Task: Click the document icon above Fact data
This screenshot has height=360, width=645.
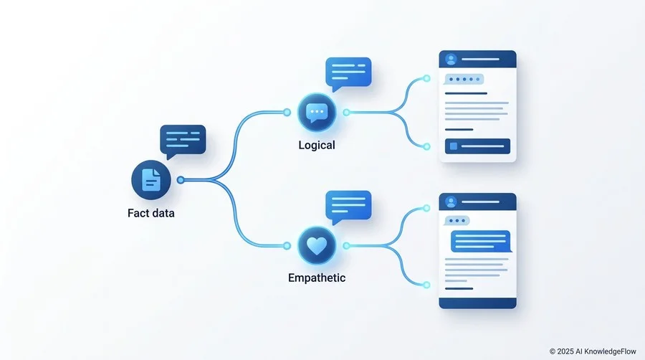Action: click(x=151, y=180)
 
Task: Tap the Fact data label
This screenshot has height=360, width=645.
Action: click(x=151, y=213)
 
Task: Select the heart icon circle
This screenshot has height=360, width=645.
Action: click(x=317, y=246)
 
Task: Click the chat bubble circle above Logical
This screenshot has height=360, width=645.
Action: click(x=317, y=113)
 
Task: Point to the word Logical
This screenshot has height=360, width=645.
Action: click(x=317, y=145)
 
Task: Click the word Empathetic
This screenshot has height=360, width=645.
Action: click(x=317, y=278)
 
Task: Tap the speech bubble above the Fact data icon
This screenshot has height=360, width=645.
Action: click(x=183, y=141)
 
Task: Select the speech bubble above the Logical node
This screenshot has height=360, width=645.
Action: click(x=348, y=74)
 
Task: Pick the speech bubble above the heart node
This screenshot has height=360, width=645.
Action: click(x=348, y=207)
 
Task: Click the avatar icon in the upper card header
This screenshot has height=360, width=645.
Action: click(x=451, y=60)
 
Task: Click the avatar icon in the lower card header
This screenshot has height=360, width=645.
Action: click(x=451, y=202)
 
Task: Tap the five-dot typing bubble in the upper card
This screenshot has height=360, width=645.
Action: click(x=464, y=79)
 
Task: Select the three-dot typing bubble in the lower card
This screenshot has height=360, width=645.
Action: click(x=457, y=221)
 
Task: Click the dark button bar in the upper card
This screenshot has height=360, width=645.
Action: click(x=477, y=146)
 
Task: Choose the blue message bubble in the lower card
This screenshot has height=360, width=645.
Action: click(x=482, y=241)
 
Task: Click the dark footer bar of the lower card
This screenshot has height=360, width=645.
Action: click(x=477, y=303)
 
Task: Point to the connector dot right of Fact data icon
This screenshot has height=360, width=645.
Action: click(x=180, y=180)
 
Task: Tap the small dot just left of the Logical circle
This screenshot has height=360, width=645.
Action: click(x=287, y=112)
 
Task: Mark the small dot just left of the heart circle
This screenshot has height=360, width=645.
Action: click(x=287, y=246)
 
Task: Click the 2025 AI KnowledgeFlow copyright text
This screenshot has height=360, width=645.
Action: click(x=593, y=351)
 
